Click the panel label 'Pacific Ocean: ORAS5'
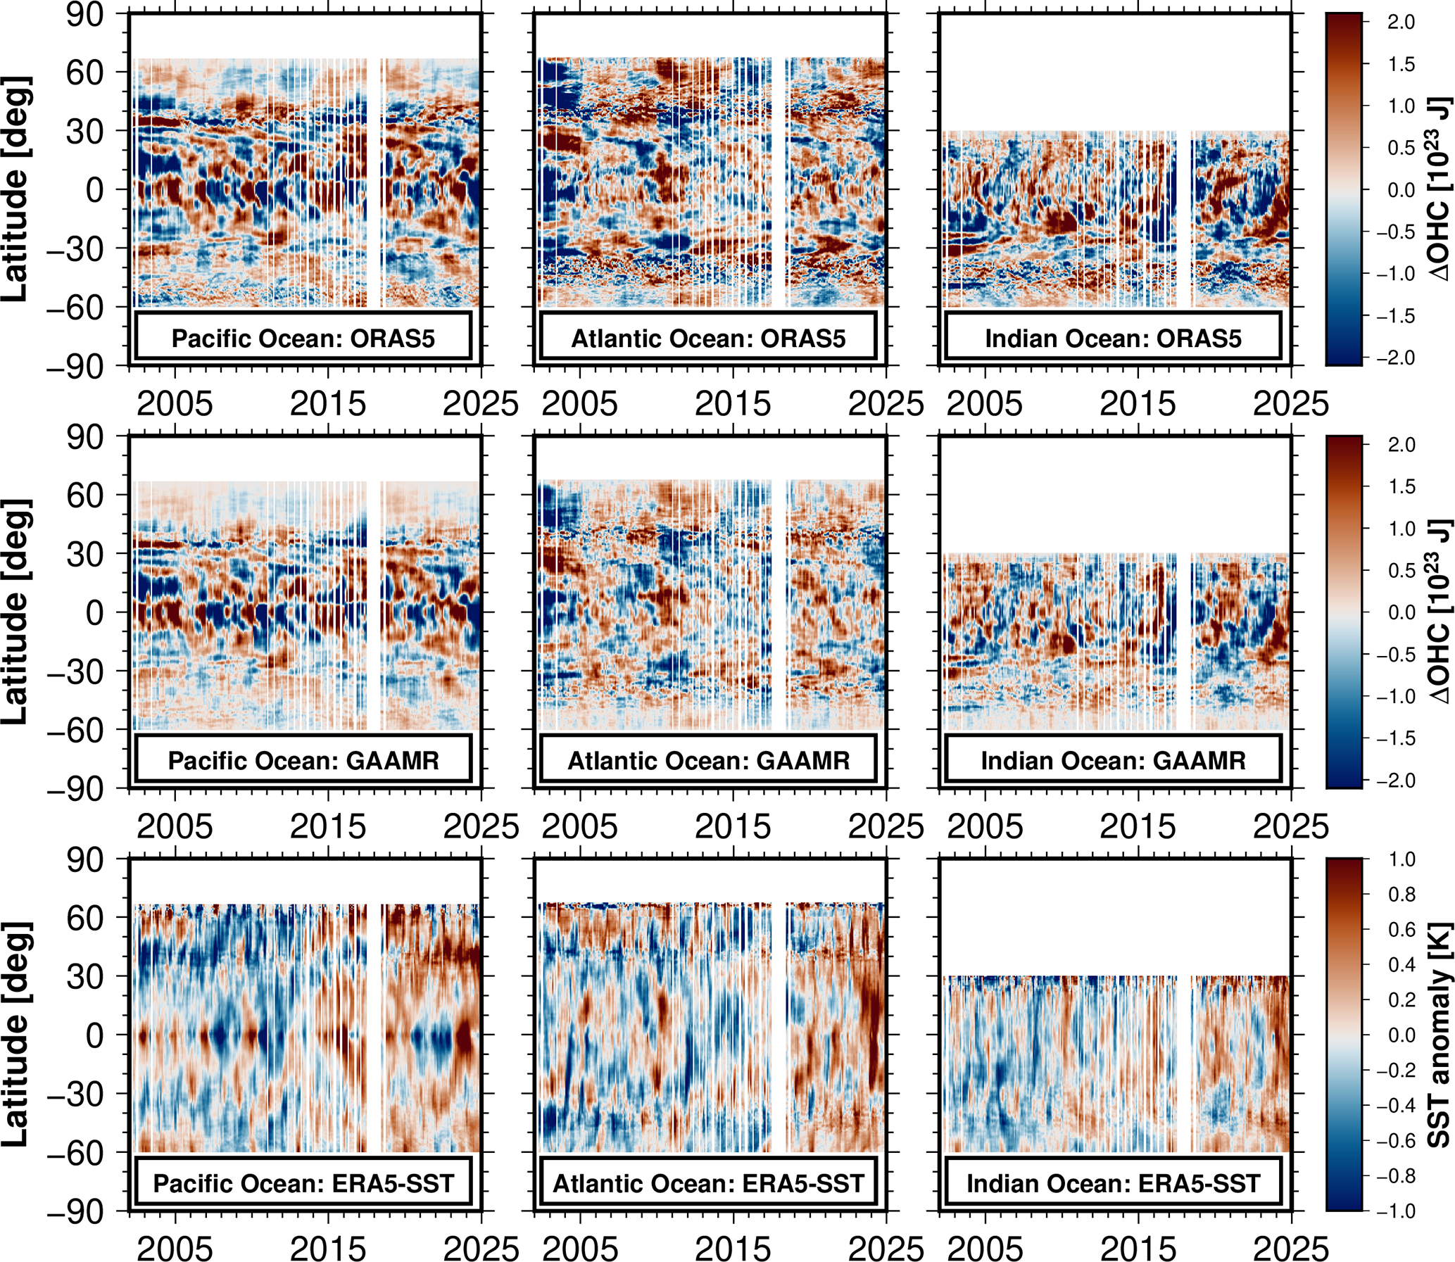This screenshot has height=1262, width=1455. click(303, 339)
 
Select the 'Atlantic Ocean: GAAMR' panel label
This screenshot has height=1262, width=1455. click(708, 762)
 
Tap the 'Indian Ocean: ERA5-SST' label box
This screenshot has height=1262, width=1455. click(1113, 1184)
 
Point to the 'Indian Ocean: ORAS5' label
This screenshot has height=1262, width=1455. click(1113, 339)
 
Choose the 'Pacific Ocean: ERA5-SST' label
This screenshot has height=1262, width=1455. click(303, 1184)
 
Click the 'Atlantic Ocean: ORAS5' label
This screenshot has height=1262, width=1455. click(708, 339)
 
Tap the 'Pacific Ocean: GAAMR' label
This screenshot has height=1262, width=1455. click(303, 762)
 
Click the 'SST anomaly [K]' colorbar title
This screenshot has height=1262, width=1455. click(1439, 1035)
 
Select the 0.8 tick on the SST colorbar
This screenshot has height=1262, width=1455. click(1401, 895)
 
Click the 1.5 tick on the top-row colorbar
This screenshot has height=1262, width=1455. click(1401, 64)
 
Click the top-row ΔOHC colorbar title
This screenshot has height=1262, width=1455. click(1439, 189)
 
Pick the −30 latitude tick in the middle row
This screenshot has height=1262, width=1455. click(75, 671)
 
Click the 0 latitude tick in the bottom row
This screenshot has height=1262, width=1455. click(94, 1035)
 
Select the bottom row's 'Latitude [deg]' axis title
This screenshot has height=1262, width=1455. click(15, 1035)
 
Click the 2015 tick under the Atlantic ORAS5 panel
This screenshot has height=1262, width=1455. click(733, 404)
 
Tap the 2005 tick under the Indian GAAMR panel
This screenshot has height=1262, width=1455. click(985, 827)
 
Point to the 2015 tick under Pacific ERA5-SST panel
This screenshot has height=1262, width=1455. click(328, 1248)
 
